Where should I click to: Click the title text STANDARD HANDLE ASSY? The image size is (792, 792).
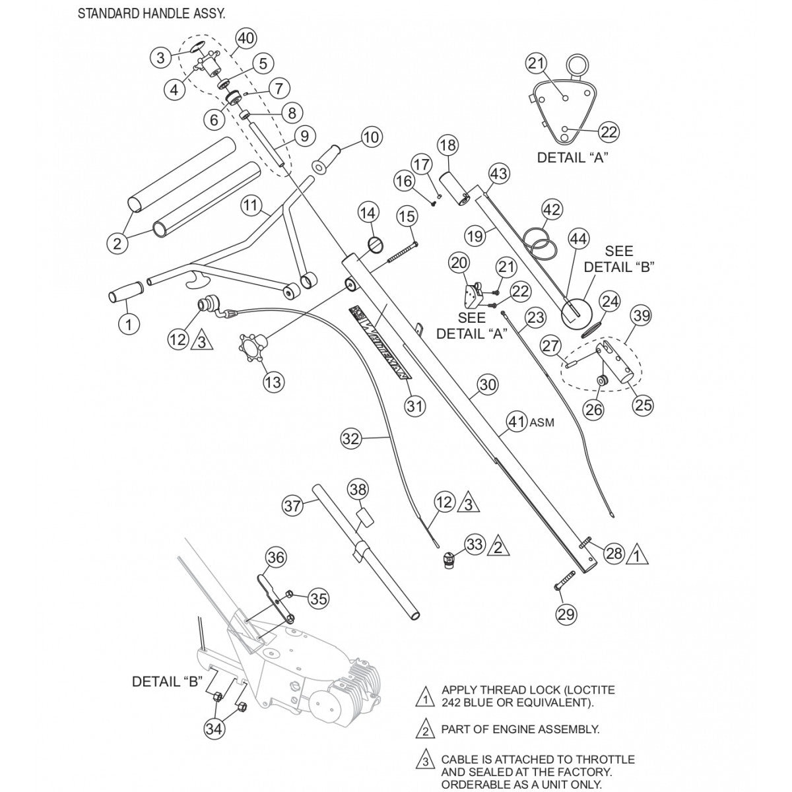(151, 14)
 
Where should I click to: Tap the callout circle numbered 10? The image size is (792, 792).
(372, 137)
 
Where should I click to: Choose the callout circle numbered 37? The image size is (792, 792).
(292, 506)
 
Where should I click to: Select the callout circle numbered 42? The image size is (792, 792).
(552, 211)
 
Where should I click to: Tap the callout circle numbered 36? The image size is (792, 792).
(277, 558)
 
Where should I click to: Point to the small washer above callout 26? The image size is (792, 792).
(603, 381)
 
